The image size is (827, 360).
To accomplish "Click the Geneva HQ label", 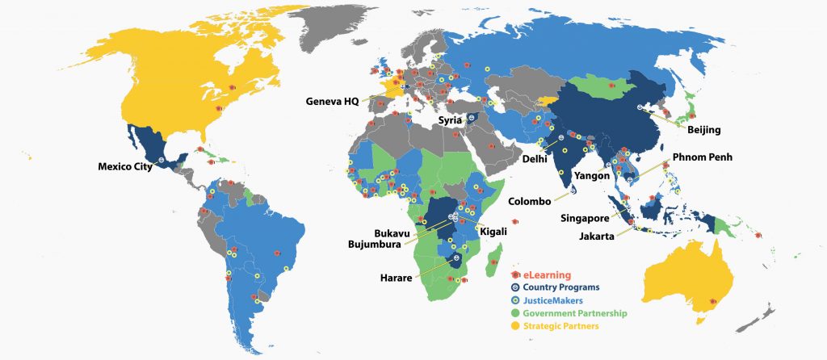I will [x=333, y=102].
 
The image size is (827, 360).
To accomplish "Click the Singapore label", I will [x=585, y=218].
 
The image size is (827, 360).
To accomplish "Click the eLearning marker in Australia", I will [x=712, y=303].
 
